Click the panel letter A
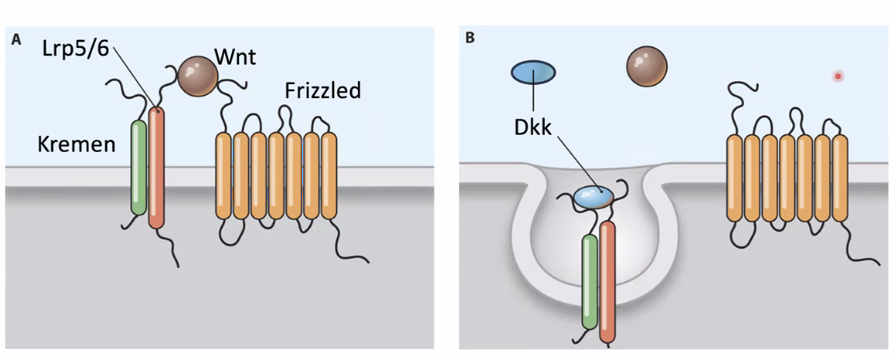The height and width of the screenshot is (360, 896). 15,39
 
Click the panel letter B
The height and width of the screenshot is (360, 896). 469,38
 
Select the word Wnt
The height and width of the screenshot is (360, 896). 235,57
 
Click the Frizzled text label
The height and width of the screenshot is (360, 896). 323,91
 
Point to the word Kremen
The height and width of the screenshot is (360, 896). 77,144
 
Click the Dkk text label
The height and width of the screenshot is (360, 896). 533,128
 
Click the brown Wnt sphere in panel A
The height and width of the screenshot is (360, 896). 198,75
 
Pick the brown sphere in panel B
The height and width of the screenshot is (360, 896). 647,68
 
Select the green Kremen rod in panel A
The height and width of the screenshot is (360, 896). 139,168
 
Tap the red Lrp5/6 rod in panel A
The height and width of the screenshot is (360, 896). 156,168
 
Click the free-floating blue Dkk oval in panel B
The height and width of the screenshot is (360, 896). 533,72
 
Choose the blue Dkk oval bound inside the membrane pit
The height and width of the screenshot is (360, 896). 593,196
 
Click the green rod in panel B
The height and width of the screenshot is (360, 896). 589,282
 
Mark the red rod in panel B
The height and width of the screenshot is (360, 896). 607,282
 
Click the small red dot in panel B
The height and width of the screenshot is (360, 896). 838,76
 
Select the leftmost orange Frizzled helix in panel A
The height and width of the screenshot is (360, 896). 223,176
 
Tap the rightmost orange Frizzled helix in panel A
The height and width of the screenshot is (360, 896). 328,176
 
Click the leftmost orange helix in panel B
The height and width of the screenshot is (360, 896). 734,178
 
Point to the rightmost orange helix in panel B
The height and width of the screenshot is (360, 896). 840,178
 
